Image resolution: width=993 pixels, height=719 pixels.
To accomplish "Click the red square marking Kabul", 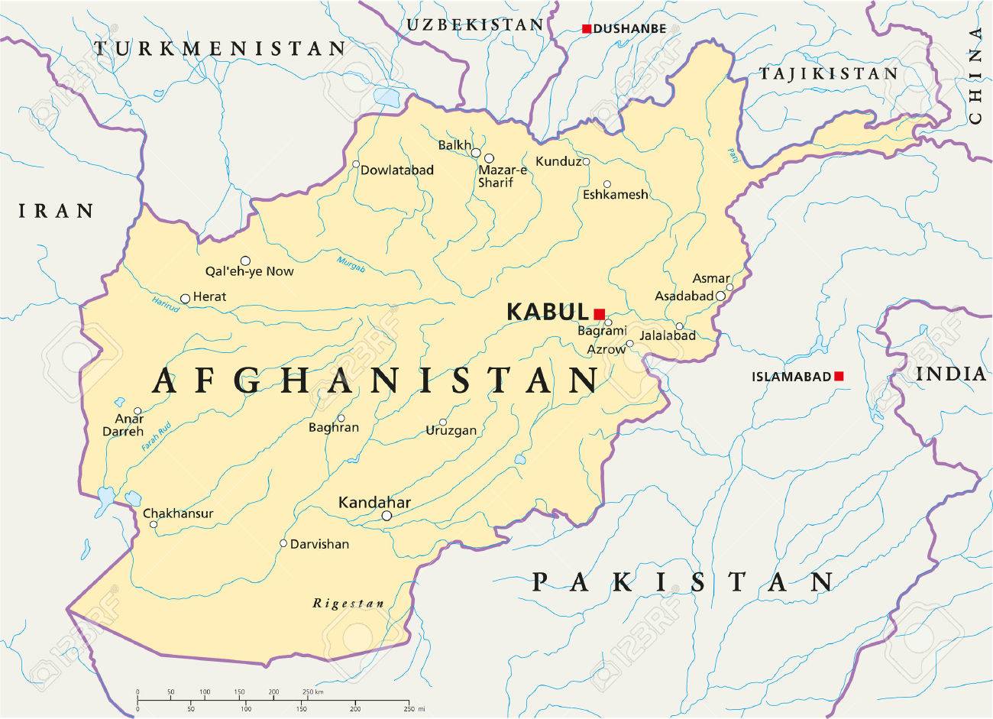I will pos(599,313).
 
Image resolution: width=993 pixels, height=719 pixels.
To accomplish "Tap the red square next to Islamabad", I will pos(839,376).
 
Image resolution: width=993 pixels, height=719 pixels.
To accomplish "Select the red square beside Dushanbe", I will pos(586,29).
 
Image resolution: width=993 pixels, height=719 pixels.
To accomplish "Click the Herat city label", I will pos(210,296).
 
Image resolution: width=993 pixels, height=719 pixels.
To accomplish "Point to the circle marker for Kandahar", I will pos(387,516).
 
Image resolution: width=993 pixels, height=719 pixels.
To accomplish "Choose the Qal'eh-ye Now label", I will pos(249,271).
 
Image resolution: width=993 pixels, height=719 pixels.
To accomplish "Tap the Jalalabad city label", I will pos(668,335).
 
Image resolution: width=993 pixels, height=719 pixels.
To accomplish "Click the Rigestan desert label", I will pos(348,604).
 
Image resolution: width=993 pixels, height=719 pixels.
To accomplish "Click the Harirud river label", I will pos(165,305).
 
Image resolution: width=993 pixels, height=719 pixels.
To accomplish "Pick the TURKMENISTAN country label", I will pos(220,50).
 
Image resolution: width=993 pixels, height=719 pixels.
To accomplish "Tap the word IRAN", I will pos(56,211).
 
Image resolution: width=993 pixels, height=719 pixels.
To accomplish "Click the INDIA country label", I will pos(953,374).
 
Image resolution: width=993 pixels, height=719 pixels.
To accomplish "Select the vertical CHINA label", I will pos(975,76).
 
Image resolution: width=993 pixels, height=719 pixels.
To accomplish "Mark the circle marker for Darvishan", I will pos(283,544).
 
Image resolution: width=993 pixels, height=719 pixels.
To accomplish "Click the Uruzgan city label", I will pos(451,431).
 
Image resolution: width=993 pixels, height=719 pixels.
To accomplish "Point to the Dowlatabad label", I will pos(397,170).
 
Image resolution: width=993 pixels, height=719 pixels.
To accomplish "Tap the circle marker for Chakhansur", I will pos(154,524).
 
